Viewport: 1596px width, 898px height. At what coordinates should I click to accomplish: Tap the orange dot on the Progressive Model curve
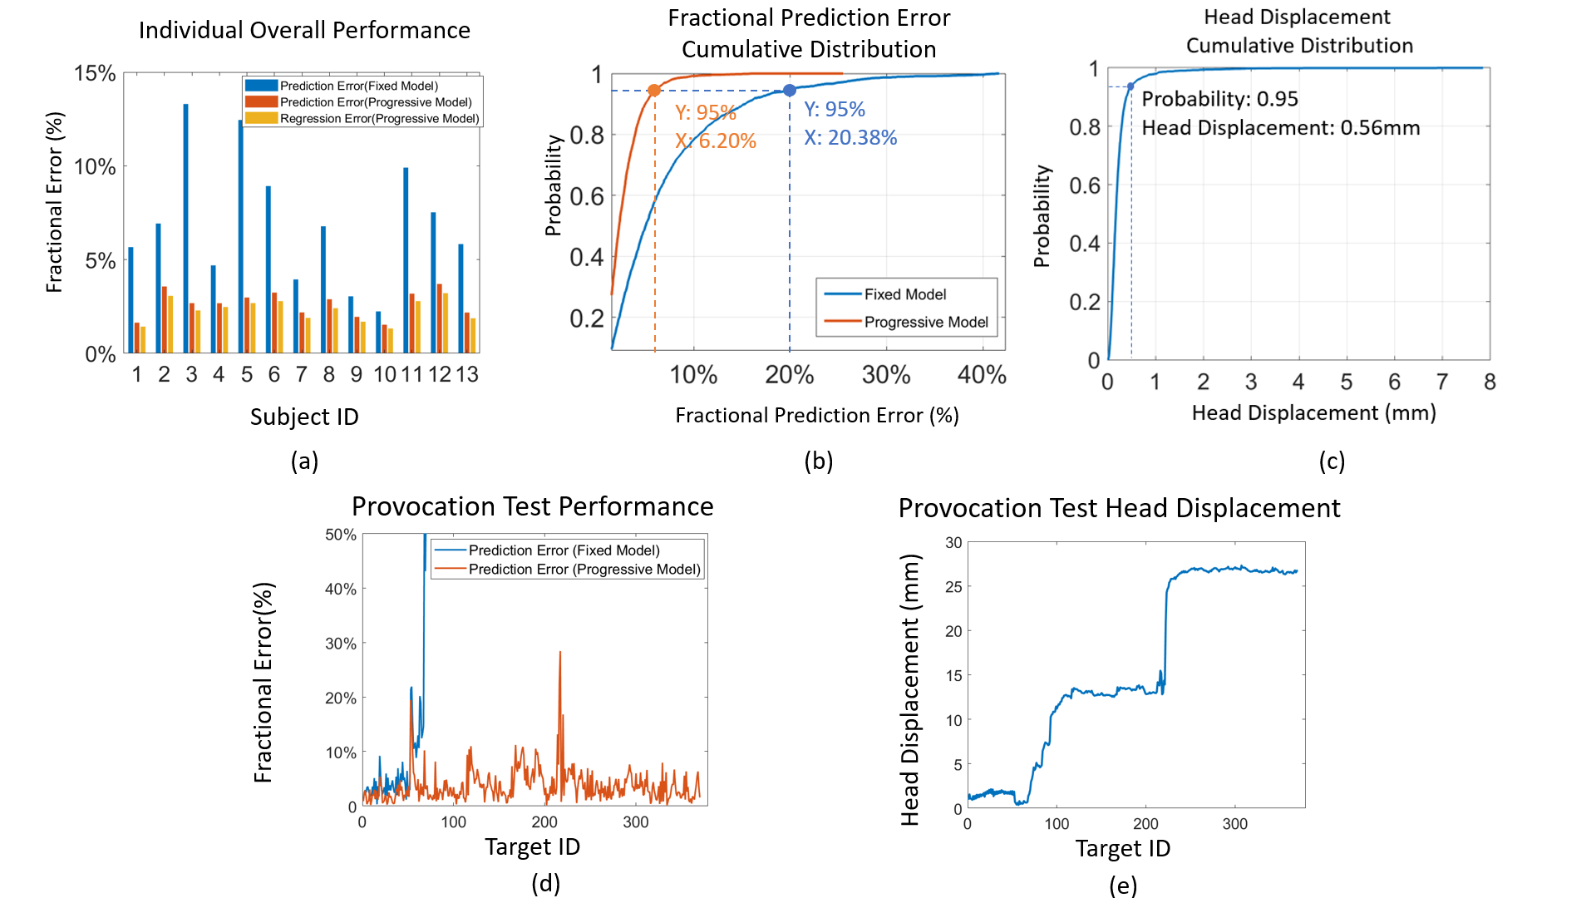pyautogui.click(x=654, y=90)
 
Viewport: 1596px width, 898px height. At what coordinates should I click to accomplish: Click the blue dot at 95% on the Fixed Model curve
pyautogui.click(x=790, y=90)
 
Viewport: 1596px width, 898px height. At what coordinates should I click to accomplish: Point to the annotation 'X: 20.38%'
pyautogui.click(x=850, y=138)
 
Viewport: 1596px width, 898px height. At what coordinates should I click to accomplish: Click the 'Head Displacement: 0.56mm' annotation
pyautogui.click(x=1280, y=128)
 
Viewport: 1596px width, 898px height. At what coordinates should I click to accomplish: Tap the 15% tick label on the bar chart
pyautogui.click(x=95, y=73)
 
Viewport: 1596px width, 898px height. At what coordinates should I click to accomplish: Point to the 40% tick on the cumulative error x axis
pyautogui.click(x=982, y=375)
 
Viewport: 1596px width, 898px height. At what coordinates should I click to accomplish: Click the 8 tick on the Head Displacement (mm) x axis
pyautogui.click(x=1490, y=382)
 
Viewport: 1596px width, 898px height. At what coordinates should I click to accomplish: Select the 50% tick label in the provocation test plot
pyautogui.click(x=340, y=535)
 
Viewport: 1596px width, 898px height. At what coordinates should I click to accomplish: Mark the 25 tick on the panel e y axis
pyautogui.click(x=953, y=587)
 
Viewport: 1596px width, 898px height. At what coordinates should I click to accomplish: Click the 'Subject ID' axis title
pyautogui.click(x=304, y=417)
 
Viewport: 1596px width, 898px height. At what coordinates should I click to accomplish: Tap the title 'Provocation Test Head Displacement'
pyautogui.click(x=1119, y=508)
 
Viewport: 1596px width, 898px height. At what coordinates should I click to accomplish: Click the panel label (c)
pyautogui.click(x=1332, y=461)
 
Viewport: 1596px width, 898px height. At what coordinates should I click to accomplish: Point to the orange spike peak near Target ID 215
pyautogui.click(x=560, y=653)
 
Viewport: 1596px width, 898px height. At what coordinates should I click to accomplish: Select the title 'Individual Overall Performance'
pyautogui.click(x=304, y=31)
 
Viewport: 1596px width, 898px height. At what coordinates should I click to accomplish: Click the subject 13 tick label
pyautogui.click(x=467, y=375)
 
